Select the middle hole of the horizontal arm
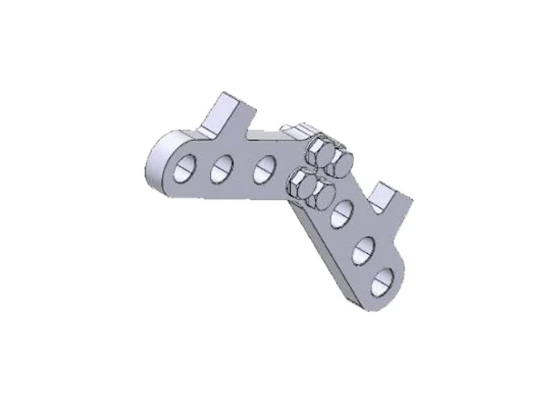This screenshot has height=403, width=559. point(222,169)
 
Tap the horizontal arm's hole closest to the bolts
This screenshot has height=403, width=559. point(263,168)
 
